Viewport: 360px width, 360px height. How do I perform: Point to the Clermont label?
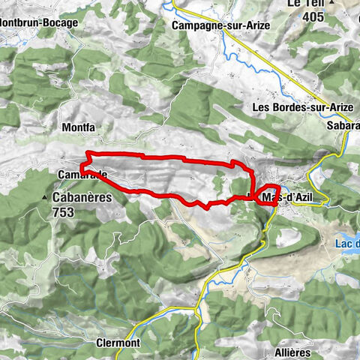118,342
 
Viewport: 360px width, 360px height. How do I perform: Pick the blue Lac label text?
346,242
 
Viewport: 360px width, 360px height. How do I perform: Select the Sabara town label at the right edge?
343,127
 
